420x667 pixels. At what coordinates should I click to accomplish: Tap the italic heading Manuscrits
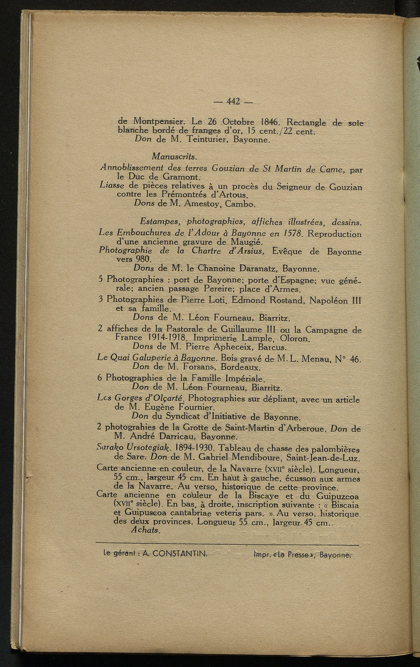click(x=169, y=156)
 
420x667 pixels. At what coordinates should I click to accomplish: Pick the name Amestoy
click(x=203, y=203)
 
